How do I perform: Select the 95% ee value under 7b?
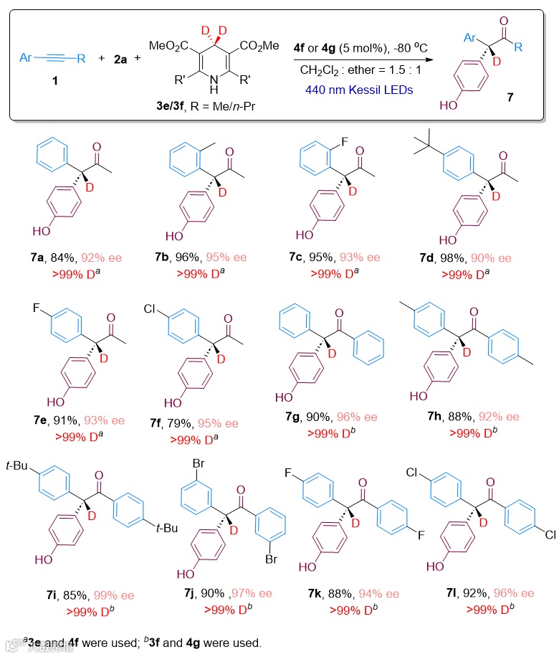(x=226, y=257)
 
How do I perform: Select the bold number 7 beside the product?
(x=510, y=97)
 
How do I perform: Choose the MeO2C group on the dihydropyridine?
(x=169, y=45)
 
